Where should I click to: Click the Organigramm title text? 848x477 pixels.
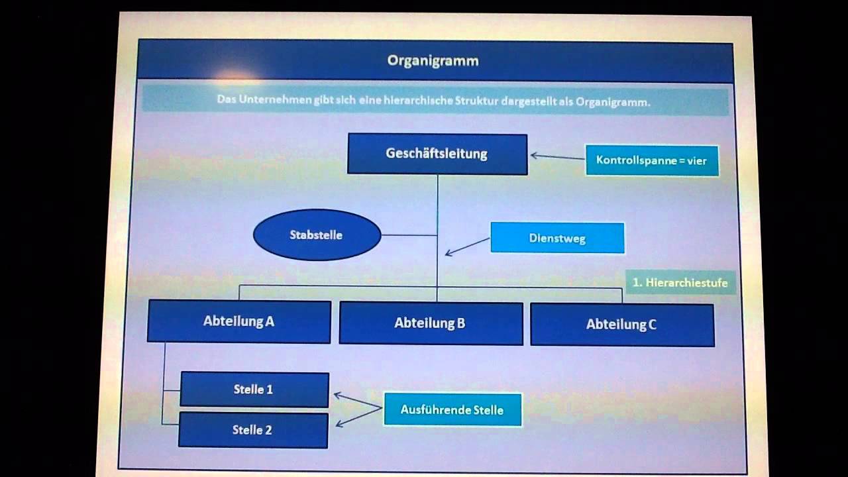[433, 61]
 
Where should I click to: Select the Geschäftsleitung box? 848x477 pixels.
[437, 154]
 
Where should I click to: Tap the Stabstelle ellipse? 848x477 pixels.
[317, 235]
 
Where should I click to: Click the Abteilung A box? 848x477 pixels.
[238, 321]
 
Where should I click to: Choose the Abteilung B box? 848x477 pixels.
[431, 323]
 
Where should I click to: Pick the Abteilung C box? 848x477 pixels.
[622, 325]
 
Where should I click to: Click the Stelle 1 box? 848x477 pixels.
[254, 390]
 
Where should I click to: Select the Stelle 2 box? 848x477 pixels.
[253, 430]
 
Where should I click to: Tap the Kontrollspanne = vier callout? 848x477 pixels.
[652, 160]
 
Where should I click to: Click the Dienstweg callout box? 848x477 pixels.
[557, 238]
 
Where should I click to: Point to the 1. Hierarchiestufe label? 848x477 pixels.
[680, 283]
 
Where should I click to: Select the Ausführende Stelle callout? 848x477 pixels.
[452, 410]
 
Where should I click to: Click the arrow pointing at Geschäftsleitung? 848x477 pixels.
[556, 157]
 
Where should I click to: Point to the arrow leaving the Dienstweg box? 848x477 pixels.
[468, 246]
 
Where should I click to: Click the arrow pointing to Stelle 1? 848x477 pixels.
[358, 401]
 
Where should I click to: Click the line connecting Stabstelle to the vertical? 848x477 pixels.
[409, 235]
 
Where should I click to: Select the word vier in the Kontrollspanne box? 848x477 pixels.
[697, 160]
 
